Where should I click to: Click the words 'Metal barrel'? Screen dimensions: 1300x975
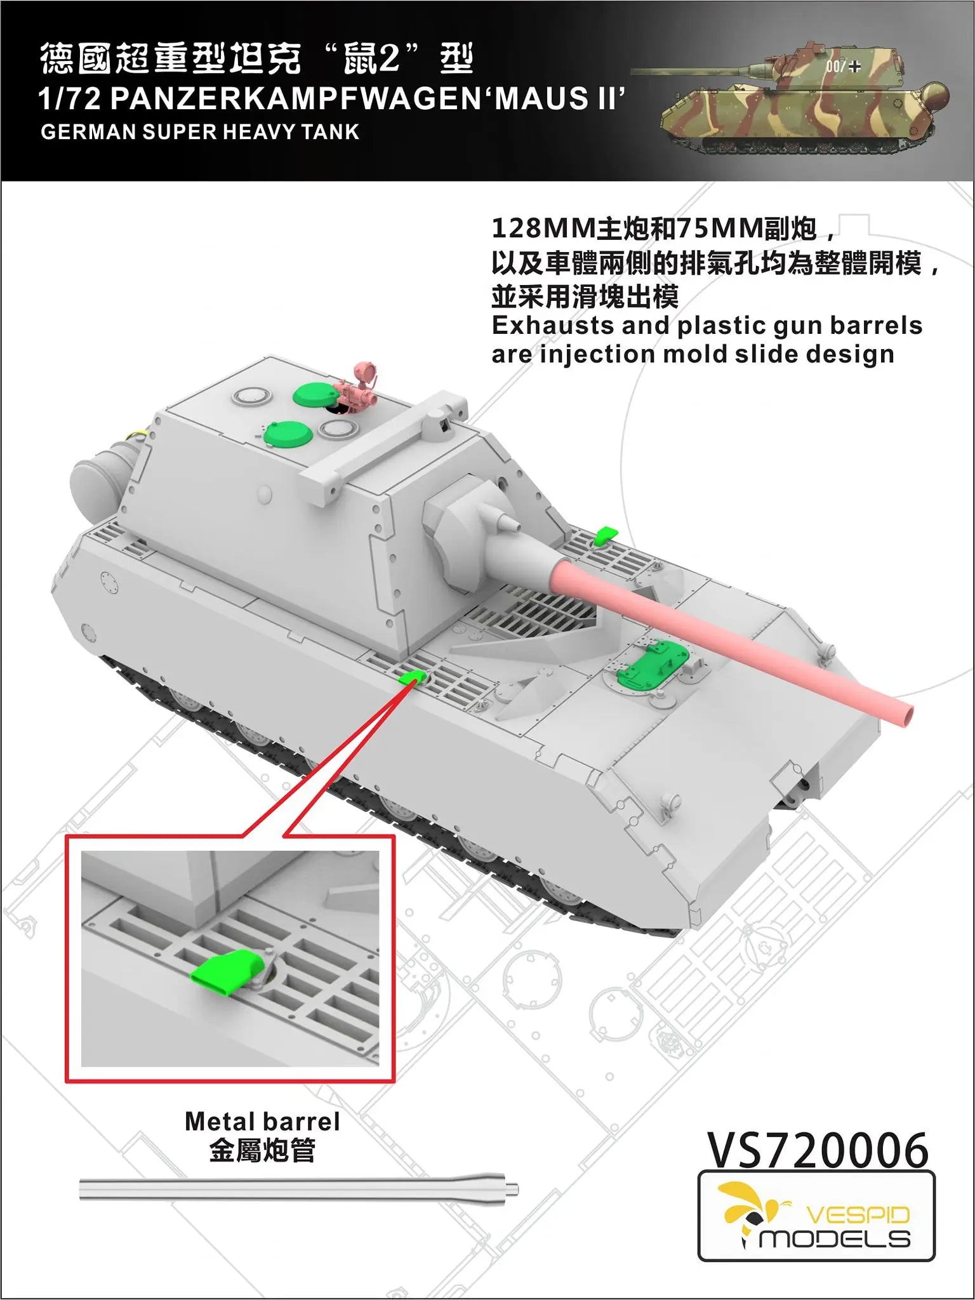pyautogui.click(x=262, y=1122)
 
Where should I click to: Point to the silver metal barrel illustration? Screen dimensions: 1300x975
pyautogui.click(x=298, y=1189)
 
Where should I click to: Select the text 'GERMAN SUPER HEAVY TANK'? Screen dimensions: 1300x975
pyautogui.click(x=200, y=132)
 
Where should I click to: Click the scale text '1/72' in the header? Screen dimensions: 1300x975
pyautogui.click(x=70, y=99)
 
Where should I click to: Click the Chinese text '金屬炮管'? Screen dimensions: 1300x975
pyautogui.click(x=262, y=1151)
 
